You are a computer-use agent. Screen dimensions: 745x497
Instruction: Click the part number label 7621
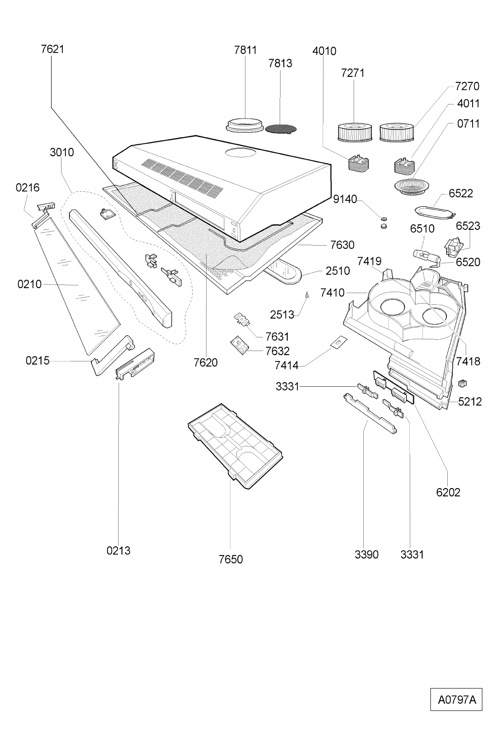click(52, 49)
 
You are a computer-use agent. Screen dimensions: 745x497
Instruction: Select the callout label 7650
click(230, 560)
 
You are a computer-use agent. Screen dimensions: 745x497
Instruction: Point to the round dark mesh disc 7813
click(281, 129)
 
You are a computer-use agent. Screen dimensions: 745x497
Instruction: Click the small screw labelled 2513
click(307, 295)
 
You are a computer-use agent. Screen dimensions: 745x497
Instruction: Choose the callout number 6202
click(448, 492)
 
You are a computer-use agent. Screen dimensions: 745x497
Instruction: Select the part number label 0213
click(118, 550)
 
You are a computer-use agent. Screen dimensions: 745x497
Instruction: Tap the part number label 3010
click(62, 152)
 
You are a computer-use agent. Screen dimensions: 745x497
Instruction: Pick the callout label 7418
click(468, 361)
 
